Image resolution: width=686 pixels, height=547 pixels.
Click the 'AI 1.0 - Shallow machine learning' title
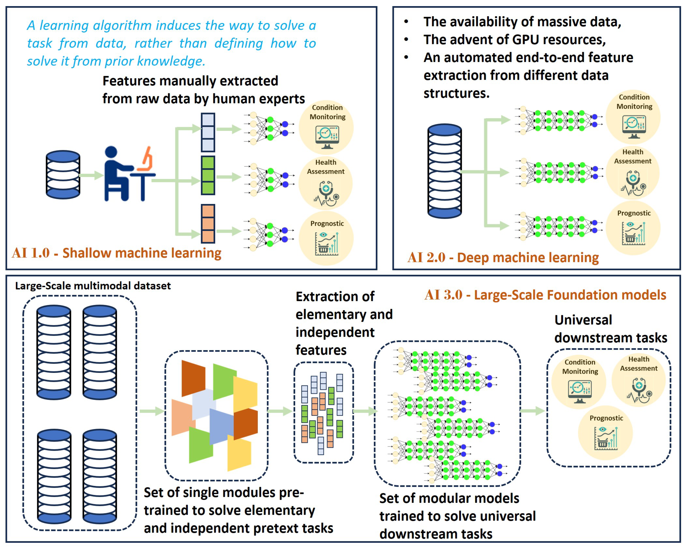click(116, 253)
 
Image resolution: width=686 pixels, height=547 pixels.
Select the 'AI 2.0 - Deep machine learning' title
click(503, 258)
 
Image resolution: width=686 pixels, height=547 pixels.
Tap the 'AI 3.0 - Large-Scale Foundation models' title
click(545, 295)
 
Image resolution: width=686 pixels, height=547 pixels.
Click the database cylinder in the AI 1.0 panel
click(63, 175)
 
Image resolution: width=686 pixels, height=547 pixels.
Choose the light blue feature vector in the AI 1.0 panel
click(208, 132)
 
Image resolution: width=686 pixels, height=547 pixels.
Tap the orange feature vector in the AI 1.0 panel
click(208, 223)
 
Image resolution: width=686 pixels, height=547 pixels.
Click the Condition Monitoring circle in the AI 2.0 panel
click(633, 117)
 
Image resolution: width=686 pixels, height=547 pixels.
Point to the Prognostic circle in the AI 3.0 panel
click(606, 433)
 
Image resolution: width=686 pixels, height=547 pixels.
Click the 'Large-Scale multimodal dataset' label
click(93, 286)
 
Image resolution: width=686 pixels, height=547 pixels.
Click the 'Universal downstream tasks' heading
click(610, 329)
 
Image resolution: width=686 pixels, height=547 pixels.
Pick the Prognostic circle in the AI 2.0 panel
click(633, 228)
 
